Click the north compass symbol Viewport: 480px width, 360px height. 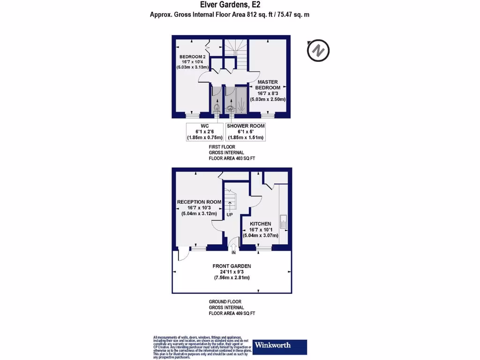[x=318, y=50]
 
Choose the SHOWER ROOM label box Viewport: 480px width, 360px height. [x=246, y=132]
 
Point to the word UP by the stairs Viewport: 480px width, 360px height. [x=230, y=215]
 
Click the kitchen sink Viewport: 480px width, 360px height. [x=284, y=222]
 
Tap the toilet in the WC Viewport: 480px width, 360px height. [x=216, y=108]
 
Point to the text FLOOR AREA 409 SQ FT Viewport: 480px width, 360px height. [x=232, y=313]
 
